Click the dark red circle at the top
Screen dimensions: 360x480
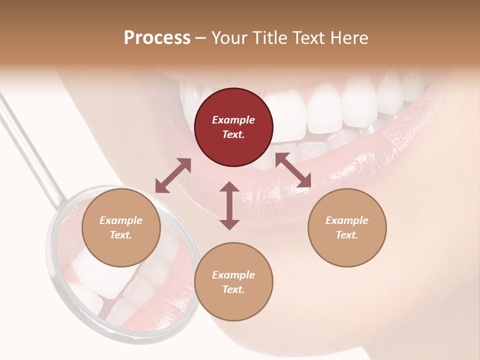pyautogui.click(x=233, y=127)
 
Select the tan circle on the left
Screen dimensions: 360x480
pyautogui.click(x=121, y=227)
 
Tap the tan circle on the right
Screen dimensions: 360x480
pyautogui.click(x=347, y=227)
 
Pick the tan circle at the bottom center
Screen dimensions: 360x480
pyautogui.click(x=233, y=282)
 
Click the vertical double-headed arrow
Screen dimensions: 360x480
pyautogui.click(x=229, y=205)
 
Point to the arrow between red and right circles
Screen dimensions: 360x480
pyautogui.click(x=293, y=170)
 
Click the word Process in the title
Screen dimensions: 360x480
pyautogui.click(x=157, y=38)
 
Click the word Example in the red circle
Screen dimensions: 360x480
pyautogui.click(x=233, y=120)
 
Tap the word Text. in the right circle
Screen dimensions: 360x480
pyautogui.click(x=347, y=235)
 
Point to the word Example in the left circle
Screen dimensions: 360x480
pyautogui.click(x=121, y=220)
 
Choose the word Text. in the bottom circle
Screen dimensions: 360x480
pyautogui.click(x=233, y=289)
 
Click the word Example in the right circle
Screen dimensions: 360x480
pyautogui.click(x=347, y=220)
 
